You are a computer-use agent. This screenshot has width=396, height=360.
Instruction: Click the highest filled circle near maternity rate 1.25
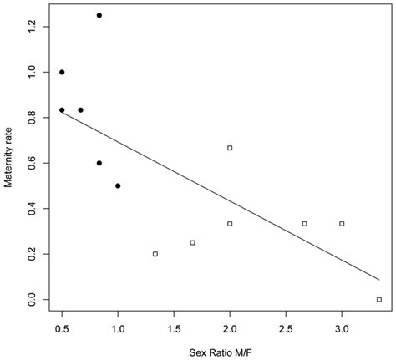[x=99, y=15]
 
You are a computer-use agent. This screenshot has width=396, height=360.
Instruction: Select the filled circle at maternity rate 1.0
[x=62, y=72]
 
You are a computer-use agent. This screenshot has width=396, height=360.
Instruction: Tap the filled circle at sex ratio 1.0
[x=118, y=185]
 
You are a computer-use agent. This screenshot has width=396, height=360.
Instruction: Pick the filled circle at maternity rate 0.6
[x=99, y=163]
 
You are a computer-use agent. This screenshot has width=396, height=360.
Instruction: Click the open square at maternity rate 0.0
[x=379, y=299]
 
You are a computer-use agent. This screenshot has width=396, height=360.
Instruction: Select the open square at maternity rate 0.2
[x=155, y=254]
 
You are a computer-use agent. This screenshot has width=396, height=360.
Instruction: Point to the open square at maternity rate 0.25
[x=192, y=242]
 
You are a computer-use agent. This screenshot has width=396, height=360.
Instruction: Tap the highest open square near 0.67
[x=230, y=148]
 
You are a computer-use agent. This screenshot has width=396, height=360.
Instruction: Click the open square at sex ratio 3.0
[x=342, y=223]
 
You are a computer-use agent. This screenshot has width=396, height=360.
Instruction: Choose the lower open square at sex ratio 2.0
[x=230, y=223]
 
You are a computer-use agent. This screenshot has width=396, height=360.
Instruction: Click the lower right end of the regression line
[x=378, y=280]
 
